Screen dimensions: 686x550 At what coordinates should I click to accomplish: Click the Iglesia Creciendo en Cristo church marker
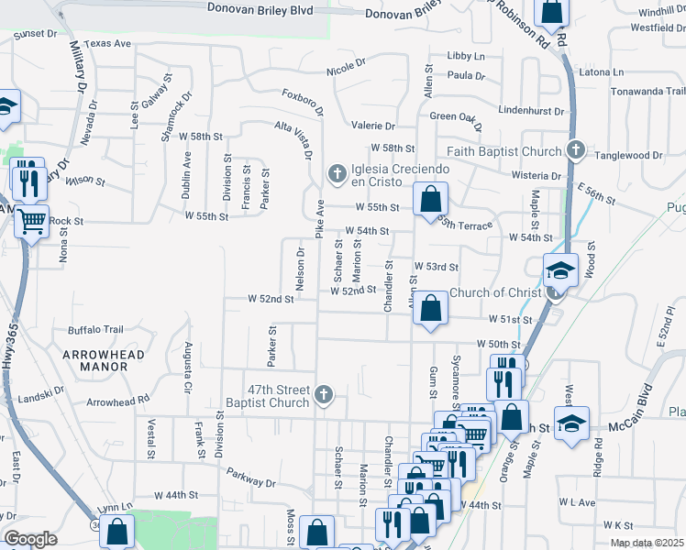click(x=337, y=172)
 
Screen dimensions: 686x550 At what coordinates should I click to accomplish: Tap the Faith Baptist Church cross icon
click(x=575, y=150)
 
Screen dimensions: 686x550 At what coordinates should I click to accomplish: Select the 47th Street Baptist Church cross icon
click(x=322, y=395)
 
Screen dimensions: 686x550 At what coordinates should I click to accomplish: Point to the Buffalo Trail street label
click(x=95, y=330)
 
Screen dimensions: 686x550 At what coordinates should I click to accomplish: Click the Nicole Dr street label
click(x=347, y=70)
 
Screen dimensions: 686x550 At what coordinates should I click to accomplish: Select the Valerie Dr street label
click(x=372, y=126)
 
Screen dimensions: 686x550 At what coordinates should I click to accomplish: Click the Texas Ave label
click(x=107, y=43)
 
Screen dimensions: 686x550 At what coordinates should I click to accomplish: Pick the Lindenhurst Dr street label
click(x=531, y=110)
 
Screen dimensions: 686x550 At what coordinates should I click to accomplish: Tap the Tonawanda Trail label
click(x=648, y=91)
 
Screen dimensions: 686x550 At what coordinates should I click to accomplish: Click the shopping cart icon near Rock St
click(x=32, y=220)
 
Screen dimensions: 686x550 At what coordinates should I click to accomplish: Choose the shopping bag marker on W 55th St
click(x=430, y=199)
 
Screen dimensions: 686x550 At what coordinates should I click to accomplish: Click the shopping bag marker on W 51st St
click(x=430, y=308)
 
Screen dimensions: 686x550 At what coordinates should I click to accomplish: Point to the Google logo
click(x=30, y=539)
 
